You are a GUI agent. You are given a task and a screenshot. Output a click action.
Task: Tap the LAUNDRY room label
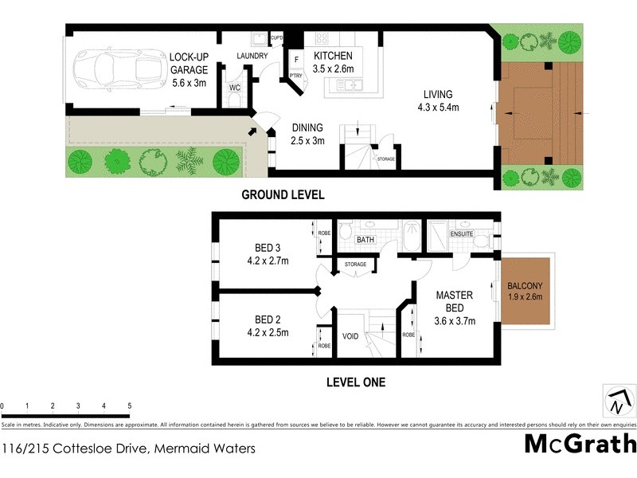[x=252, y=56]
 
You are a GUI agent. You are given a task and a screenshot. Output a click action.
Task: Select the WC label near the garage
[x=235, y=86]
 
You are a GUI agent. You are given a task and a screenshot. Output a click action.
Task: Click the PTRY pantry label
[x=296, y=76]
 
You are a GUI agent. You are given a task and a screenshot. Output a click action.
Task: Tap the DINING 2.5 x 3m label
[x=307, y=135]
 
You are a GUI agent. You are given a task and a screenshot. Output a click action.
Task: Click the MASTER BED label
[x=455, y=308]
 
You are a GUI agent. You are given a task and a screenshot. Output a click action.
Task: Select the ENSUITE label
[x=462, y=234]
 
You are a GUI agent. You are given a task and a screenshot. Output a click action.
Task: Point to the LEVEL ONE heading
[x=356, y=382]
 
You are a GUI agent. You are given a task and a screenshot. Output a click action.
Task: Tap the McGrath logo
[x=580, y=445]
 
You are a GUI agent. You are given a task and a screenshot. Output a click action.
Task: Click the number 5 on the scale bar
[x=129, y=406]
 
